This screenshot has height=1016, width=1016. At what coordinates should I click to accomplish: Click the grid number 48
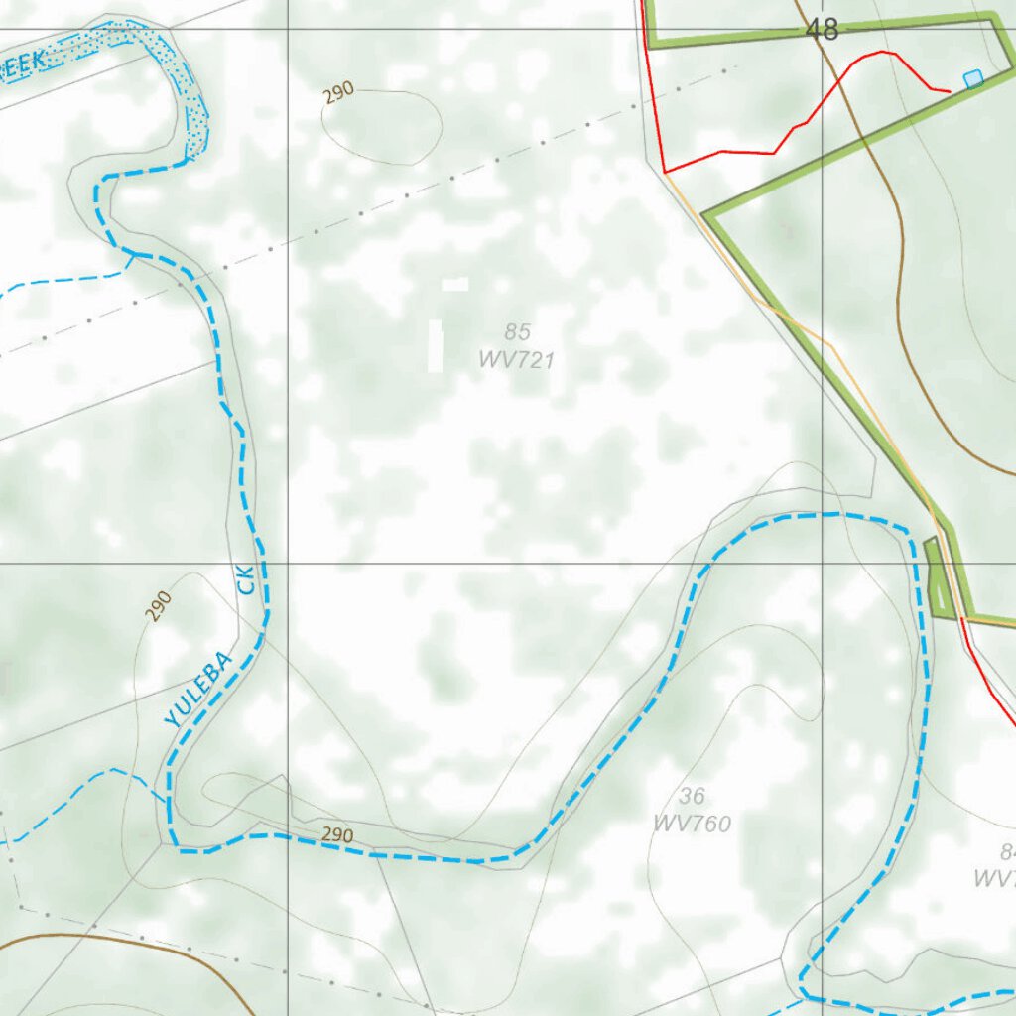(823, 30)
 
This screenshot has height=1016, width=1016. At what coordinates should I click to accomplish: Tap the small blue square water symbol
(973, 77)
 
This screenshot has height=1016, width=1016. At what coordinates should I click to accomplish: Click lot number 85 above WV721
(517, 332)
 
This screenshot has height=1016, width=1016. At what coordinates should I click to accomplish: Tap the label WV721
(516, 360)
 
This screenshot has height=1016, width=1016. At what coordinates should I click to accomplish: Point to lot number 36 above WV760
(693, 796)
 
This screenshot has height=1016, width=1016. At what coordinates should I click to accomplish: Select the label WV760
(693, 824)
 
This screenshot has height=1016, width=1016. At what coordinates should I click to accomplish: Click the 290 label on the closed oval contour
(338, 94)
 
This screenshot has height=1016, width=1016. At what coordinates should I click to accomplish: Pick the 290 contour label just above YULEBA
(159, 604)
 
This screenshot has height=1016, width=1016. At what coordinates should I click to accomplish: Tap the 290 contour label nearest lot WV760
(337, 835)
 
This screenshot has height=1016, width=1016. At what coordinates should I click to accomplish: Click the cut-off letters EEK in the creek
(22, 64)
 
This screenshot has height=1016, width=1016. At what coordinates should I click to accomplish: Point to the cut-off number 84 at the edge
(1007, 851)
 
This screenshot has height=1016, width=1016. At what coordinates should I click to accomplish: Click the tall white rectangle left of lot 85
(435, 345)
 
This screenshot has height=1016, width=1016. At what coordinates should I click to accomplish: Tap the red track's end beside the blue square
(950, 91)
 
